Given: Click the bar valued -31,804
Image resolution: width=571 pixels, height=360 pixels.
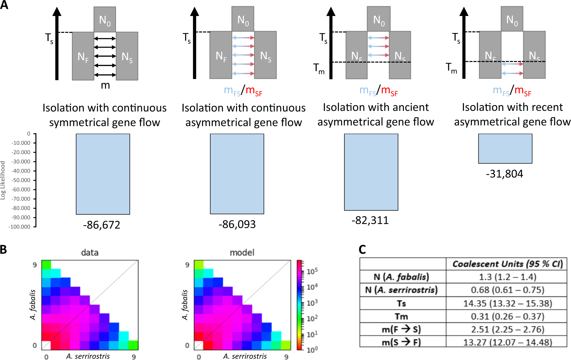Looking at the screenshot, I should tap(505, 149).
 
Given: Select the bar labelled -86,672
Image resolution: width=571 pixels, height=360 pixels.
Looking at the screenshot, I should tap(103, 174).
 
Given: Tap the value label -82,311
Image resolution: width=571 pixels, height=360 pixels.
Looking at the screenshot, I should tap(370, 220).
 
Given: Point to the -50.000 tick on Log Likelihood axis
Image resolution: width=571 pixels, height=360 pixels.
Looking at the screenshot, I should tap(21, 180).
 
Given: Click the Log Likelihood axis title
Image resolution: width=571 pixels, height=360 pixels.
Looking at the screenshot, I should tap(3, 180).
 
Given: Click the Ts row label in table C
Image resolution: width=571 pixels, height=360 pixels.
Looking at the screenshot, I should tap(402, 303).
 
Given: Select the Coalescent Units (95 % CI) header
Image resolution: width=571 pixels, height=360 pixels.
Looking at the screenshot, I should tap(507, 264).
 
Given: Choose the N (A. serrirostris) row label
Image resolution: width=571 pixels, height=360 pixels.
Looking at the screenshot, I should tap(401, 290).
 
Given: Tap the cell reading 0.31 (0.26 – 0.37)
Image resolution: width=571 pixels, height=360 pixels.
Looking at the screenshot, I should tap(507, 316).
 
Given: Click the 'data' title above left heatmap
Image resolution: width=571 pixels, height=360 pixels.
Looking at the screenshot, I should tap(90, 253).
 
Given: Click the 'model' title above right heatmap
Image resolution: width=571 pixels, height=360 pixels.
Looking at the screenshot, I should tap(242, 253).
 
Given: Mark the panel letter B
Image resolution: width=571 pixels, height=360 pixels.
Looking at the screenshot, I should tap(4, 249).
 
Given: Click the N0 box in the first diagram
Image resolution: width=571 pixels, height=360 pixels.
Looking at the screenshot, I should tap(105, 19).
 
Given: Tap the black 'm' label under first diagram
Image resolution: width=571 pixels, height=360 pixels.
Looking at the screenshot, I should tap(105, 86).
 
